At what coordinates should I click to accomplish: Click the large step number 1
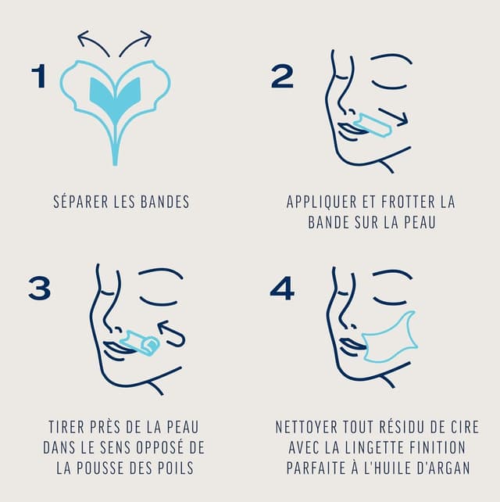tap(37, 77)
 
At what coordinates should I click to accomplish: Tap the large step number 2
tap(282, 77)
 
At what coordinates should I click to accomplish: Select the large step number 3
tap(39, 289)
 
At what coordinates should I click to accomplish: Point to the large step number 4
tap(282, 289)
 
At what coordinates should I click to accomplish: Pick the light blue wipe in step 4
tap(391, 339)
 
